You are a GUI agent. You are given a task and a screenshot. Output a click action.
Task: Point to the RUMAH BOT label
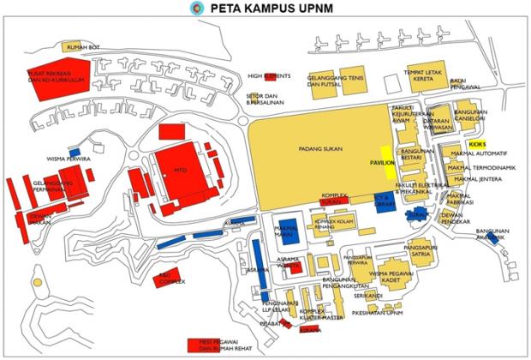(x=83, y=46)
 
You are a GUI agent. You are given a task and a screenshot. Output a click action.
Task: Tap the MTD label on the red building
(x=180, y=169)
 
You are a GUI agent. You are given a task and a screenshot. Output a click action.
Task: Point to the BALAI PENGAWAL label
(x=463, y=82)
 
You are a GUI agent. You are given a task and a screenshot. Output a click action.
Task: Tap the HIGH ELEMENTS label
(x=260, y=75)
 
